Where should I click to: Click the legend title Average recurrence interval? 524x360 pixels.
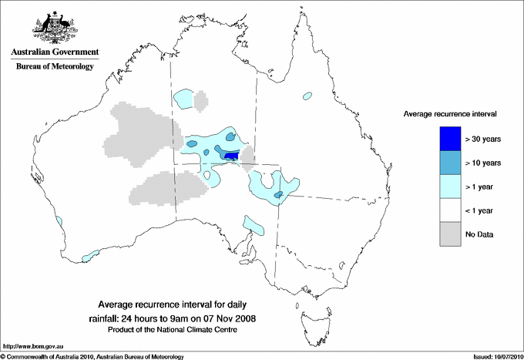(449, 113)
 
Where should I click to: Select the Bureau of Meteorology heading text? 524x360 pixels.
(55, 67)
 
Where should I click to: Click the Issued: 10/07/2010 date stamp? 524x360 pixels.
(492, 356)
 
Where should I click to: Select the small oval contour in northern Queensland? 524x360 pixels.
(307, 96)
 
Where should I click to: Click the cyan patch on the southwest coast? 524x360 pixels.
(91, 252)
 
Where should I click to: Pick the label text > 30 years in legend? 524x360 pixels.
(483, 139)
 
